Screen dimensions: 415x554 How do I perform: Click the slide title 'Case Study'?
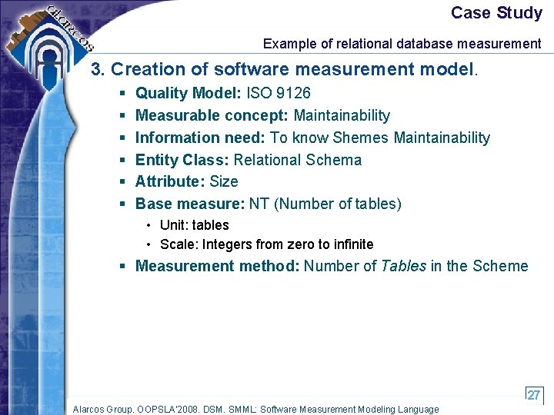[x=496, y=13]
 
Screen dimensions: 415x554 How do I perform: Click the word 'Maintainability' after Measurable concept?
[x=342, y=115]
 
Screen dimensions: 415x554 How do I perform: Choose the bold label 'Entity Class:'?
[x=182, y=160]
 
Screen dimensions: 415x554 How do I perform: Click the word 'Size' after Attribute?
[x=224, y=181]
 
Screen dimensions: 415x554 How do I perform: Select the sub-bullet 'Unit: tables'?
[x=194, y=225]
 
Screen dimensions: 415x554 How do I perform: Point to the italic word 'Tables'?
[x=404, y=266]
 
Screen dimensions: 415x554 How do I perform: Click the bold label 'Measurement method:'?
[x=218, y=266]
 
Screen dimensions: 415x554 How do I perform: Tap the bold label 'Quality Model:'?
[x=189, y=93]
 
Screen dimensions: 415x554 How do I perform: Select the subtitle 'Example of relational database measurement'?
[x=402, y=44]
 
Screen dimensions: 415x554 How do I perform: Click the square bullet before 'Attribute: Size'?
[x=122, y=182]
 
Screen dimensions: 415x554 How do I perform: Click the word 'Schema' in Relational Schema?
[x=334, y=160]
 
